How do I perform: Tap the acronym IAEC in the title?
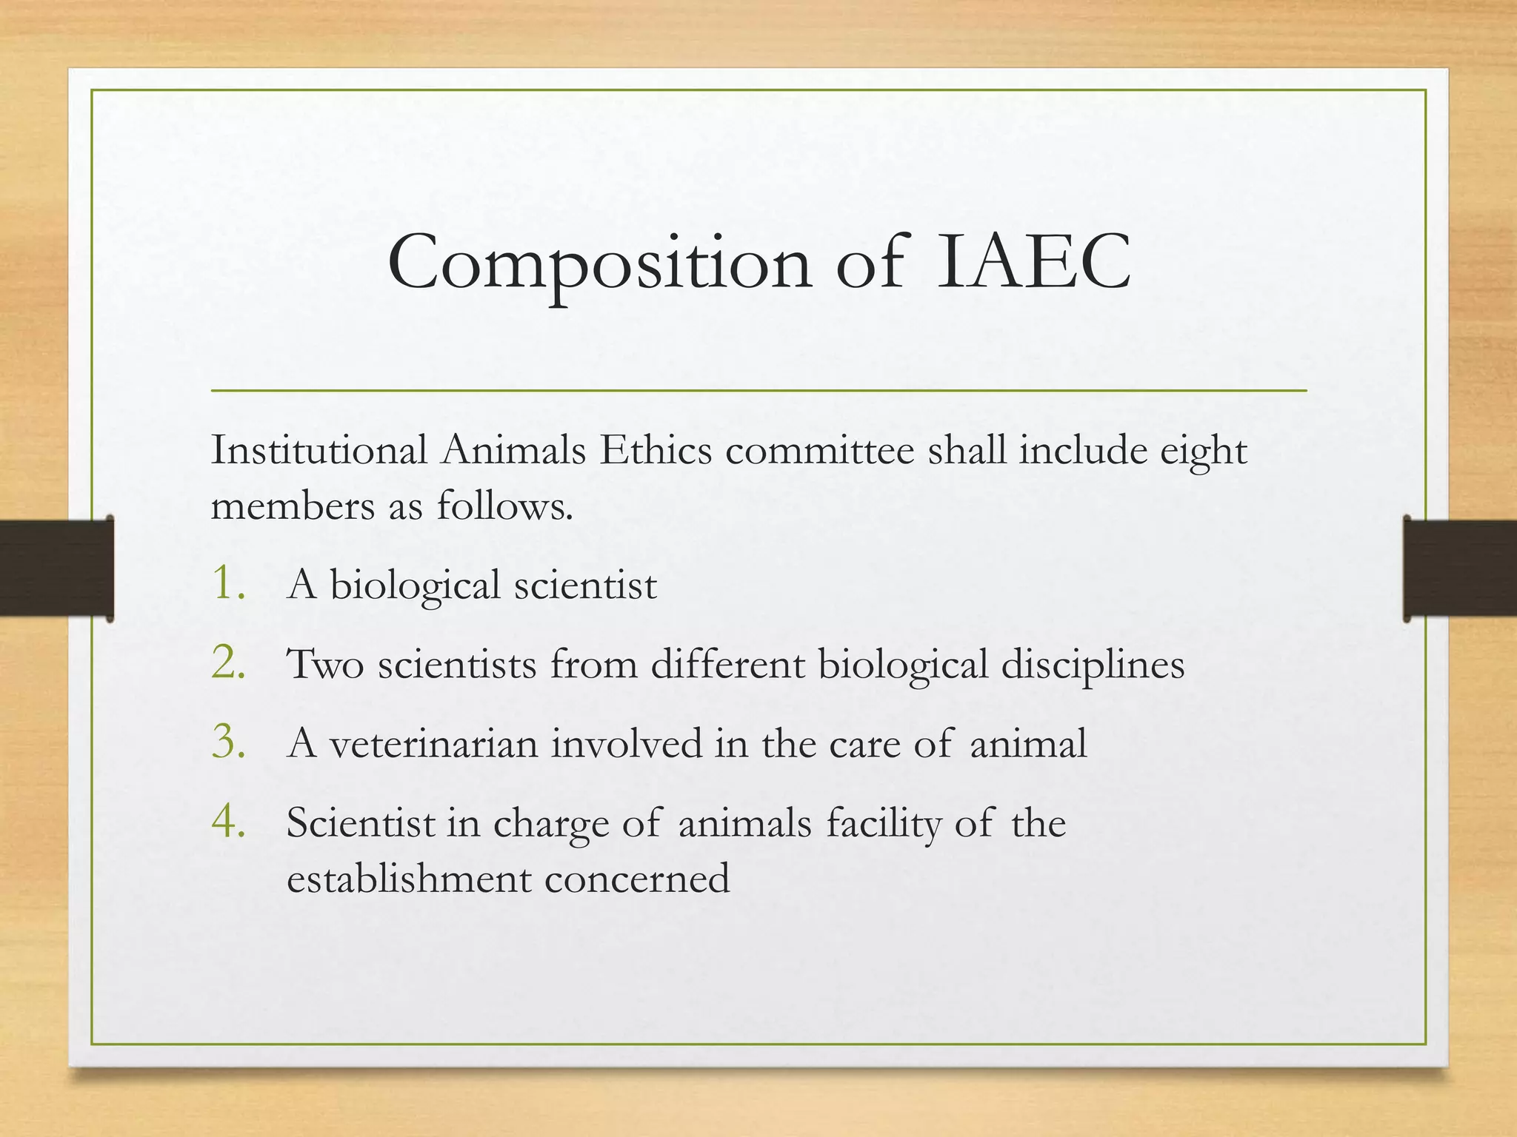[1033, 263]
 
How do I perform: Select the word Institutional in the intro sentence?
[319, 450]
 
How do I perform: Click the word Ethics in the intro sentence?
[656, 450]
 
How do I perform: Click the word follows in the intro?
[504, 506]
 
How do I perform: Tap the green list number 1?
[229, 583]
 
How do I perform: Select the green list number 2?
[229, 662]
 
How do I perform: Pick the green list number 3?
[229, 742]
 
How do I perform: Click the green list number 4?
[229, 822]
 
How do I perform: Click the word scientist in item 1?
[585, 586]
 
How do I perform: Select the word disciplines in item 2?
[1093, 665]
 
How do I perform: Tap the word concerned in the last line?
[637, 879]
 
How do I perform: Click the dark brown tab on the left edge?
[56, 568]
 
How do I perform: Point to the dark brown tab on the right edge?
[1460, 568]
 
